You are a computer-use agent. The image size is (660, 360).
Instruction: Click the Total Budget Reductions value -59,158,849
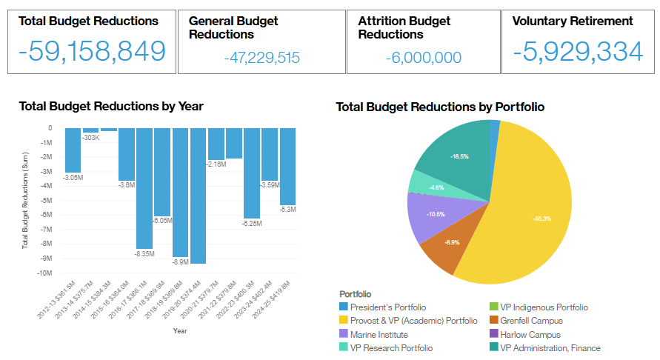(92, 50)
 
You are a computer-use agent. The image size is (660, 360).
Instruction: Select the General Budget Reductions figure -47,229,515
(261, 58)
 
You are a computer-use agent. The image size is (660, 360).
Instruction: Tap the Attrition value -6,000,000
(424, 58)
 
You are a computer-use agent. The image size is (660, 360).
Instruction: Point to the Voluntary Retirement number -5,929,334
(579, 50)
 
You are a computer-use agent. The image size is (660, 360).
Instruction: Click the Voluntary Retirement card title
(573, 21)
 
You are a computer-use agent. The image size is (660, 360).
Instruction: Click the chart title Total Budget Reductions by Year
(111, 107)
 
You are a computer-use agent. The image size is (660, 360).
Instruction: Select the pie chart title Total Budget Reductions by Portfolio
(440, 107)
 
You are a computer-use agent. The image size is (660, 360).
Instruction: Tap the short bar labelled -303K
(91, 130)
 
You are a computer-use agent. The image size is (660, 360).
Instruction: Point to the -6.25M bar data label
(252, 223)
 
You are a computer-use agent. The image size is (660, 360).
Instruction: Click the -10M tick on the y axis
(44, 273)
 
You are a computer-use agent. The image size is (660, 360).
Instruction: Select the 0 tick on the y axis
(50, 128)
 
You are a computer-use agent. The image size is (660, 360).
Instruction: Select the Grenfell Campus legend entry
(530, 321)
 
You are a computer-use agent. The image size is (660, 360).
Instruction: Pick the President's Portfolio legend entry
(387, 307)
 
